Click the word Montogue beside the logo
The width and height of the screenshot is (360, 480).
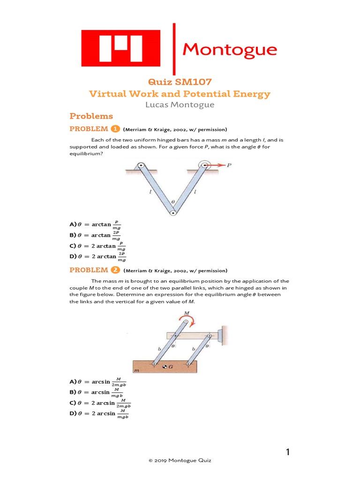tap(229, 49)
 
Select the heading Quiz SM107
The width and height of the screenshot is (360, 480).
tap(180, 82)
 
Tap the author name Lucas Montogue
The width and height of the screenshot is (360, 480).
tap(180, 105)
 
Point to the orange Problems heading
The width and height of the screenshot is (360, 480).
tap(91, 116)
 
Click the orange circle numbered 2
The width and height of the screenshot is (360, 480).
tap(115, 270)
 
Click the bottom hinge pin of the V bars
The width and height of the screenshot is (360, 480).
tap(173, 213)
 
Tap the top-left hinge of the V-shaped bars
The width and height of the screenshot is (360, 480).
tap(140, 165)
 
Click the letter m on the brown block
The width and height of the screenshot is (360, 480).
tap(137, 371)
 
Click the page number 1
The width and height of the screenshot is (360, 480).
tap(288, 452)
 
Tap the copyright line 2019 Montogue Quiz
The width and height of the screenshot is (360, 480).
tap(180, 461)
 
